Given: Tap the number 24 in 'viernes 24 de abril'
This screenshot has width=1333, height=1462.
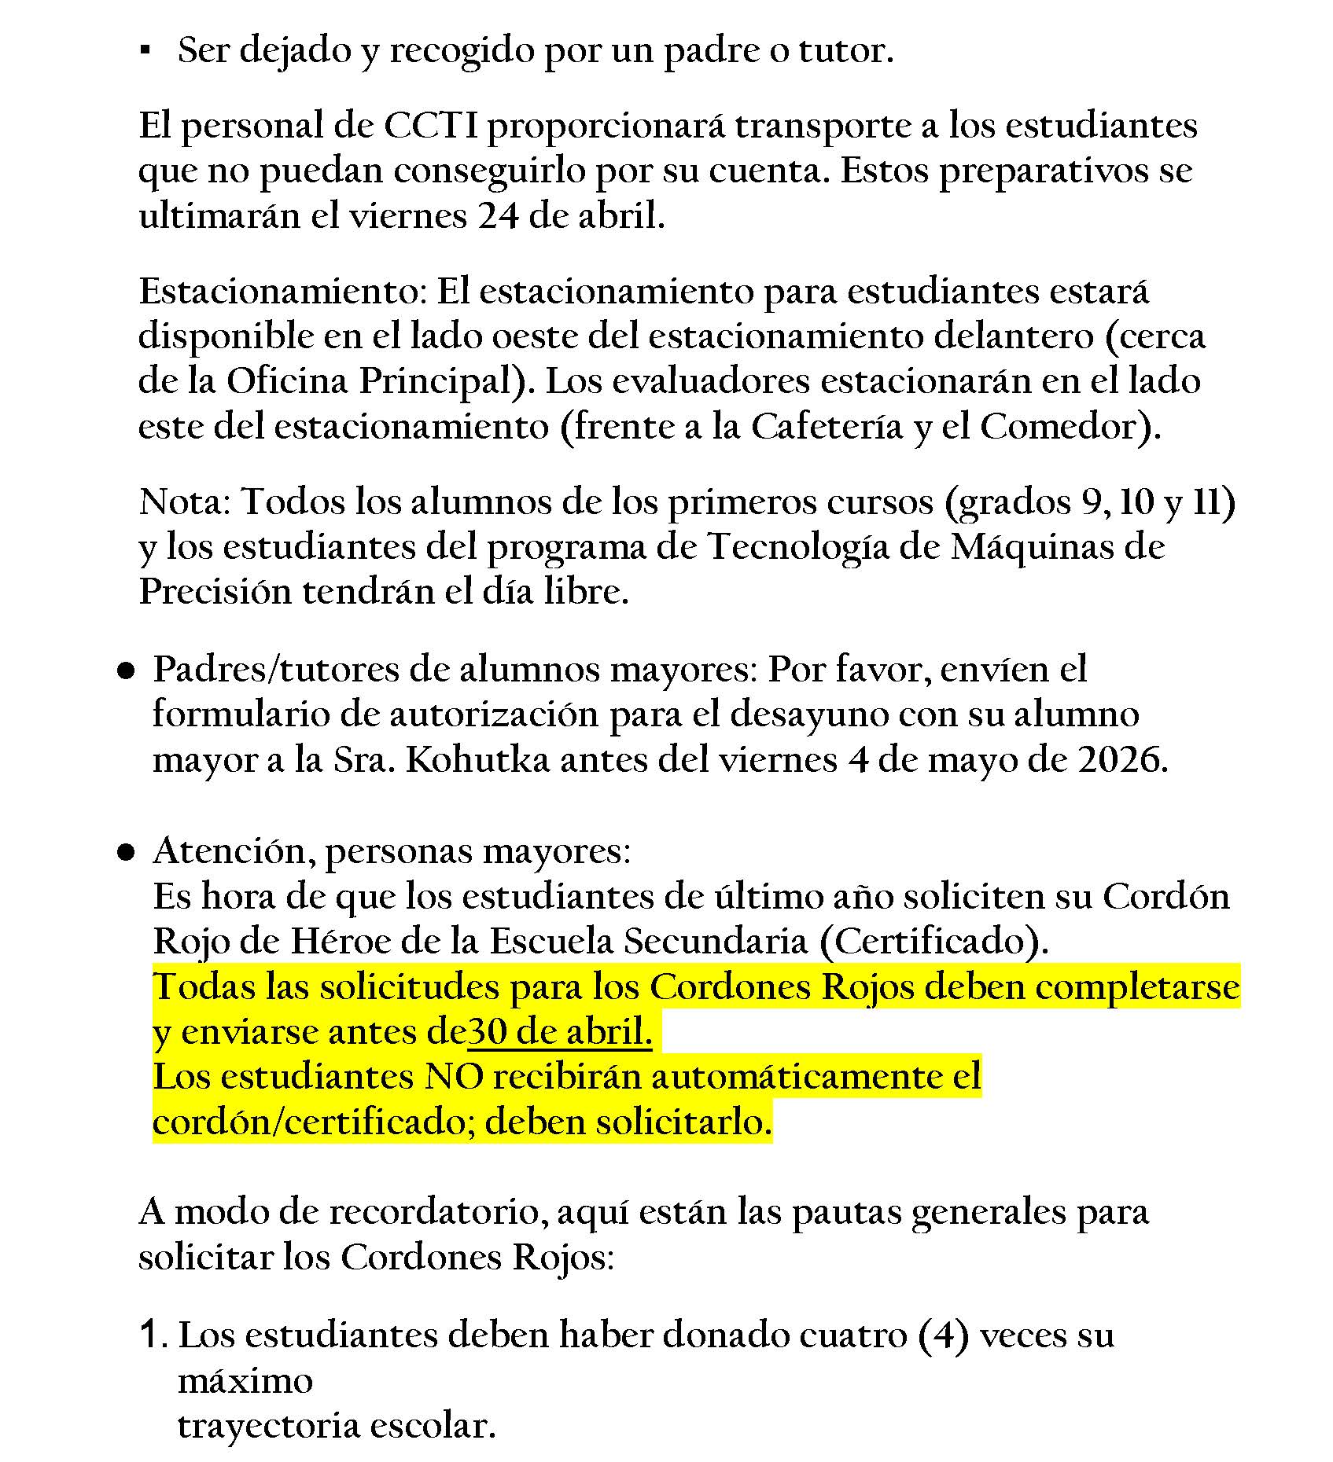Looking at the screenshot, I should click(498, 216).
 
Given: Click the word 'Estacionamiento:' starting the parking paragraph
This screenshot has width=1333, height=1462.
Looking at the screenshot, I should click(282, 292).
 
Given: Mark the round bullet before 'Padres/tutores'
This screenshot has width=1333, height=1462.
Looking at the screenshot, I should click(125, 672).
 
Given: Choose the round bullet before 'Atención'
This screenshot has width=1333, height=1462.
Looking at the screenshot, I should click(125, 853).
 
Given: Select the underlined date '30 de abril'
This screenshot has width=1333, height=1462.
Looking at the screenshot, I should click(559, 1032).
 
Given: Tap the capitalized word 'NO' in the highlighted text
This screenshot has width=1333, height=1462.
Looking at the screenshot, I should click(454, 1077).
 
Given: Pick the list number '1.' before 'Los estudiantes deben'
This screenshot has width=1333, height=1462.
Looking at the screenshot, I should click(153, 1335).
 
